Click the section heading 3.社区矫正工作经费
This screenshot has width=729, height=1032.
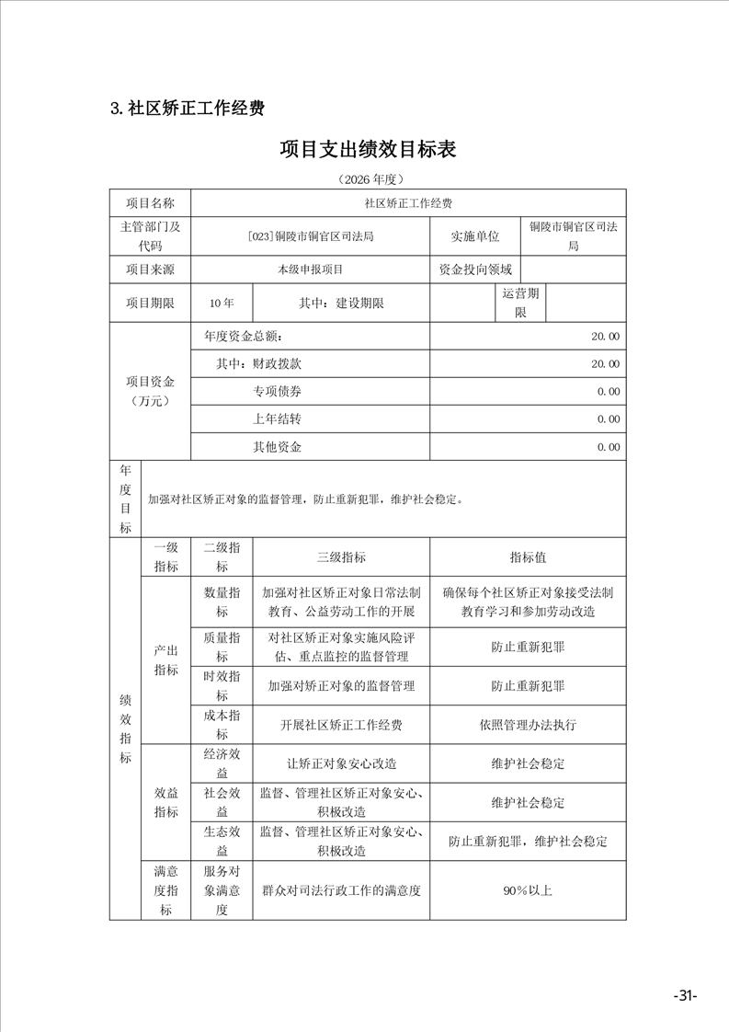pyautogui.click(x=188, y=109)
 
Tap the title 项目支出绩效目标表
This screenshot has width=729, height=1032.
pyautogui.click(x=368, y=149)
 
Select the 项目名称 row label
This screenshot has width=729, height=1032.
pyautogui.click(x=149, y=202)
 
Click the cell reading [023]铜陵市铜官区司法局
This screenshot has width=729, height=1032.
pyautogui.click(x=311, y=236)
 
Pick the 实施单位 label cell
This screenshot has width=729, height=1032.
pyautogui.click(x=474, y=236)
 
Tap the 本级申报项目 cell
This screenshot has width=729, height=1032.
pyautogui.click(x=311, y=270)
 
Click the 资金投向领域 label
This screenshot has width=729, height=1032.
pyautogui.click(x=474, y=270)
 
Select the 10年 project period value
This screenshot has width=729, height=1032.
pyautogui.click(x=222, y=303)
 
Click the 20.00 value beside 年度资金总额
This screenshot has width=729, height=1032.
pyautogui.click(x=605, y=337)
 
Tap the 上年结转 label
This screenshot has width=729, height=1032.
pyautogui.click(x=277, y=419)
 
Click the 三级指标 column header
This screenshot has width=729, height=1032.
pyautogui.click(x=341, y=557)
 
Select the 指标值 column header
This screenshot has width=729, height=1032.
pyautogui.click(x=528, y=557)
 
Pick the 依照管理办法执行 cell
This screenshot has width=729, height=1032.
pyautogui.click(x=528, y=725)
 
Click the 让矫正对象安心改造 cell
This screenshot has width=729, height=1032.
pyautogui.click(x=341, y=763)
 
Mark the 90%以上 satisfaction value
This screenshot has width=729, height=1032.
pyautogui.click(x=528, y=890)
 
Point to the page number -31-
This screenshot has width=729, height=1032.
pyautogui.click(x=685, y=996)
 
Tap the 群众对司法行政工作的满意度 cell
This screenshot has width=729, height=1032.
pyautogui.click(x=341, y=890)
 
